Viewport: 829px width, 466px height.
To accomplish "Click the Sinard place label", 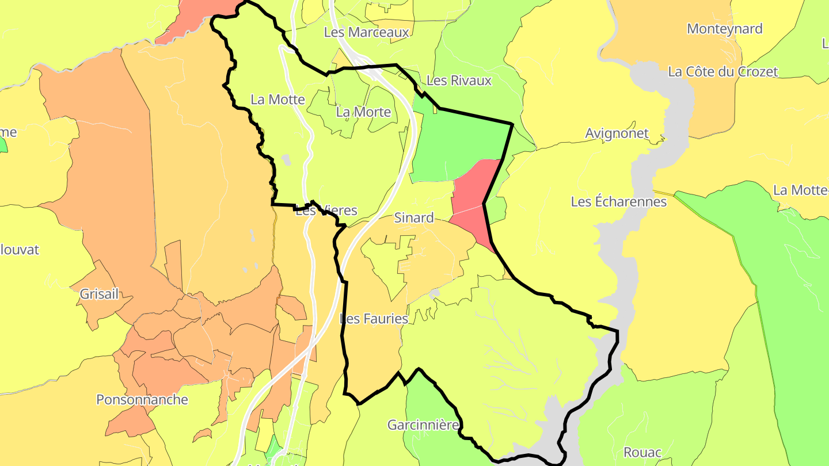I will (x=414, y=218).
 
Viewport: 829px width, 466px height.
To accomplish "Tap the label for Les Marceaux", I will (x=366, y=32).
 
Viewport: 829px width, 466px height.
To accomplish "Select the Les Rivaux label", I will (x=459, y=81).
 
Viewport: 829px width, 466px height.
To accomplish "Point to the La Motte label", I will (x=277, y=100).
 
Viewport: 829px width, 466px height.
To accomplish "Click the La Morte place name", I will (x=363, y=112).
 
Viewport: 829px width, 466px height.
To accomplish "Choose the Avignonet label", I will (x=617, y=133).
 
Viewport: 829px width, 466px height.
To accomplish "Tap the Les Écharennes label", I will (x=618, y=202).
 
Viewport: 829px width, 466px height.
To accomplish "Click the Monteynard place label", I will (x=724, y=29).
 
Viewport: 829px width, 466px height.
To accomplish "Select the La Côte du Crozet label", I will (x=722, y=72).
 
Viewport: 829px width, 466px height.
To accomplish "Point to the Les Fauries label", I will (x=374, y=319).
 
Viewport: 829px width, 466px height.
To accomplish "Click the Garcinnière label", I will (x=423, y=425).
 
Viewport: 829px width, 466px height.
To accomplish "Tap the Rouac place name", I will (x=642, y=452).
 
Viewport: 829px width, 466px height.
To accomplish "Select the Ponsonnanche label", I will (x=142, y=399).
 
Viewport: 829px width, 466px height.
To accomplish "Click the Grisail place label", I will (x=99, y=295).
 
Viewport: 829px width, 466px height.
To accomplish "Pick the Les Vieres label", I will (x=326, y=211).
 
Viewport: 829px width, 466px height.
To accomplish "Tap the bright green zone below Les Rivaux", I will (x=455, y=144).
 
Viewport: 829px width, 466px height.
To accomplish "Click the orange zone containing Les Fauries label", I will (x=368, y=351).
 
